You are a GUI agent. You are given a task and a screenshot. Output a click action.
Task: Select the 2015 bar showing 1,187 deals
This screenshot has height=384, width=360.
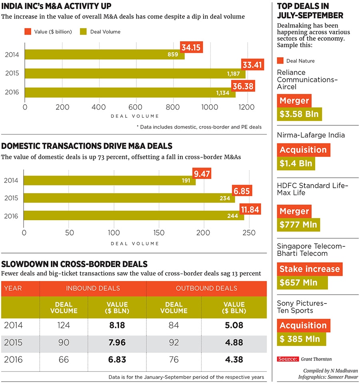[135, 74]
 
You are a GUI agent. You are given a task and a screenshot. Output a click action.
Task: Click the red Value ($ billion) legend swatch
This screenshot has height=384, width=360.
[28, 31]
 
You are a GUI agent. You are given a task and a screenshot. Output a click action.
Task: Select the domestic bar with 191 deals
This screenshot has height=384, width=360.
[110, 181]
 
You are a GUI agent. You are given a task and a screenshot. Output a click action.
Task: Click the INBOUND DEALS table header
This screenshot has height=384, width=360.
[93, 288]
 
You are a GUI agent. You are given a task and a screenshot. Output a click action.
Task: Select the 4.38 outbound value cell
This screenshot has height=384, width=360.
[234, 360]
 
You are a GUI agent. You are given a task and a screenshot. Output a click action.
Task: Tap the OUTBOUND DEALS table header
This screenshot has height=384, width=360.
[206, 288]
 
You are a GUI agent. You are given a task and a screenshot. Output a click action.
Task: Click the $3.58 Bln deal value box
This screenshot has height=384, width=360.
[299, 114]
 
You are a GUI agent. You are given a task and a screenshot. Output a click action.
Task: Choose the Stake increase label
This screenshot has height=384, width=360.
[310, 269]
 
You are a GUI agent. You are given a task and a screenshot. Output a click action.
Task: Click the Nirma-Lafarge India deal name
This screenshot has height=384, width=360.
[311, 135]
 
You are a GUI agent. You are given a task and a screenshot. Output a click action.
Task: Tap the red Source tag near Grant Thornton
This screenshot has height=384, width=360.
[288, 359]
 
